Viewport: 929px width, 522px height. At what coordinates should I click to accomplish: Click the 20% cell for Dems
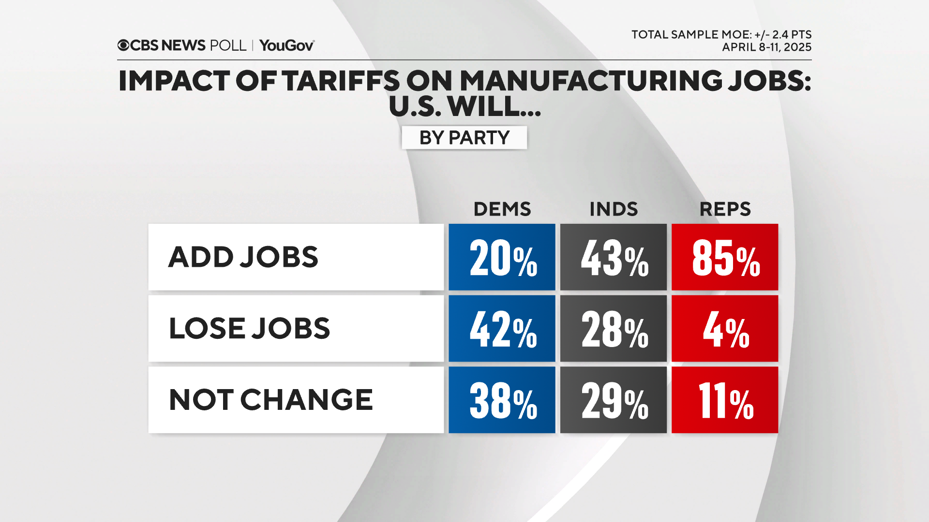pos(502,257)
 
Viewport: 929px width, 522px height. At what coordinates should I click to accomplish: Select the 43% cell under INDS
pos(613,257)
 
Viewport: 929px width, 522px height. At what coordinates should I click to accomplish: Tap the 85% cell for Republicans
pos(725,257)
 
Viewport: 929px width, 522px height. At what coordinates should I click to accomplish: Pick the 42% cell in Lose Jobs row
pos(502,329)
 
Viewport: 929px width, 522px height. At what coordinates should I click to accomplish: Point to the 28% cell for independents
pos(613,329)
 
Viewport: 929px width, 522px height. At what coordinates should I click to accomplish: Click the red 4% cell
pos(725,329)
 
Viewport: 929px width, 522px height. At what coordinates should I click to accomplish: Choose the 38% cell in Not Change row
pos(502,400)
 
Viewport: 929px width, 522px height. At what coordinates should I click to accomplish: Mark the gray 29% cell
pos(613,400)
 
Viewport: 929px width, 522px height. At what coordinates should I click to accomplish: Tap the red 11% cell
pos(725,400)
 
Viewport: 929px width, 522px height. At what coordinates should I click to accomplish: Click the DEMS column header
pos(502,209)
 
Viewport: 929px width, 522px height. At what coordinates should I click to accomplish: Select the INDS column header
pos(613,209)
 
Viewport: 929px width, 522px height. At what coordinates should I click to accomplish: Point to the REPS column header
pos(725,209)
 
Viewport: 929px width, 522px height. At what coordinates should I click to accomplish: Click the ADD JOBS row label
pos(243,257)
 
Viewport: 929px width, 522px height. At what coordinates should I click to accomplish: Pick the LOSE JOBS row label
pos(249,329)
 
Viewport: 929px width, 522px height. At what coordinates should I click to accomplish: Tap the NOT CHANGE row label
pos(271,400)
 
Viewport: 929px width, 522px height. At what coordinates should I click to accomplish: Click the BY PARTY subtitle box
pos(464,138)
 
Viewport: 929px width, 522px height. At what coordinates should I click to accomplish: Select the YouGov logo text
pos(286,45)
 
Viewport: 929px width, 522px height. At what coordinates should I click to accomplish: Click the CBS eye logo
pos(123,45)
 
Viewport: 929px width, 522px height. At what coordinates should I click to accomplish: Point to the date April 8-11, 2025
pos(766,47)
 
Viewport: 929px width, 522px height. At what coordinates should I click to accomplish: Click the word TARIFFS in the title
pos(341,81)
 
